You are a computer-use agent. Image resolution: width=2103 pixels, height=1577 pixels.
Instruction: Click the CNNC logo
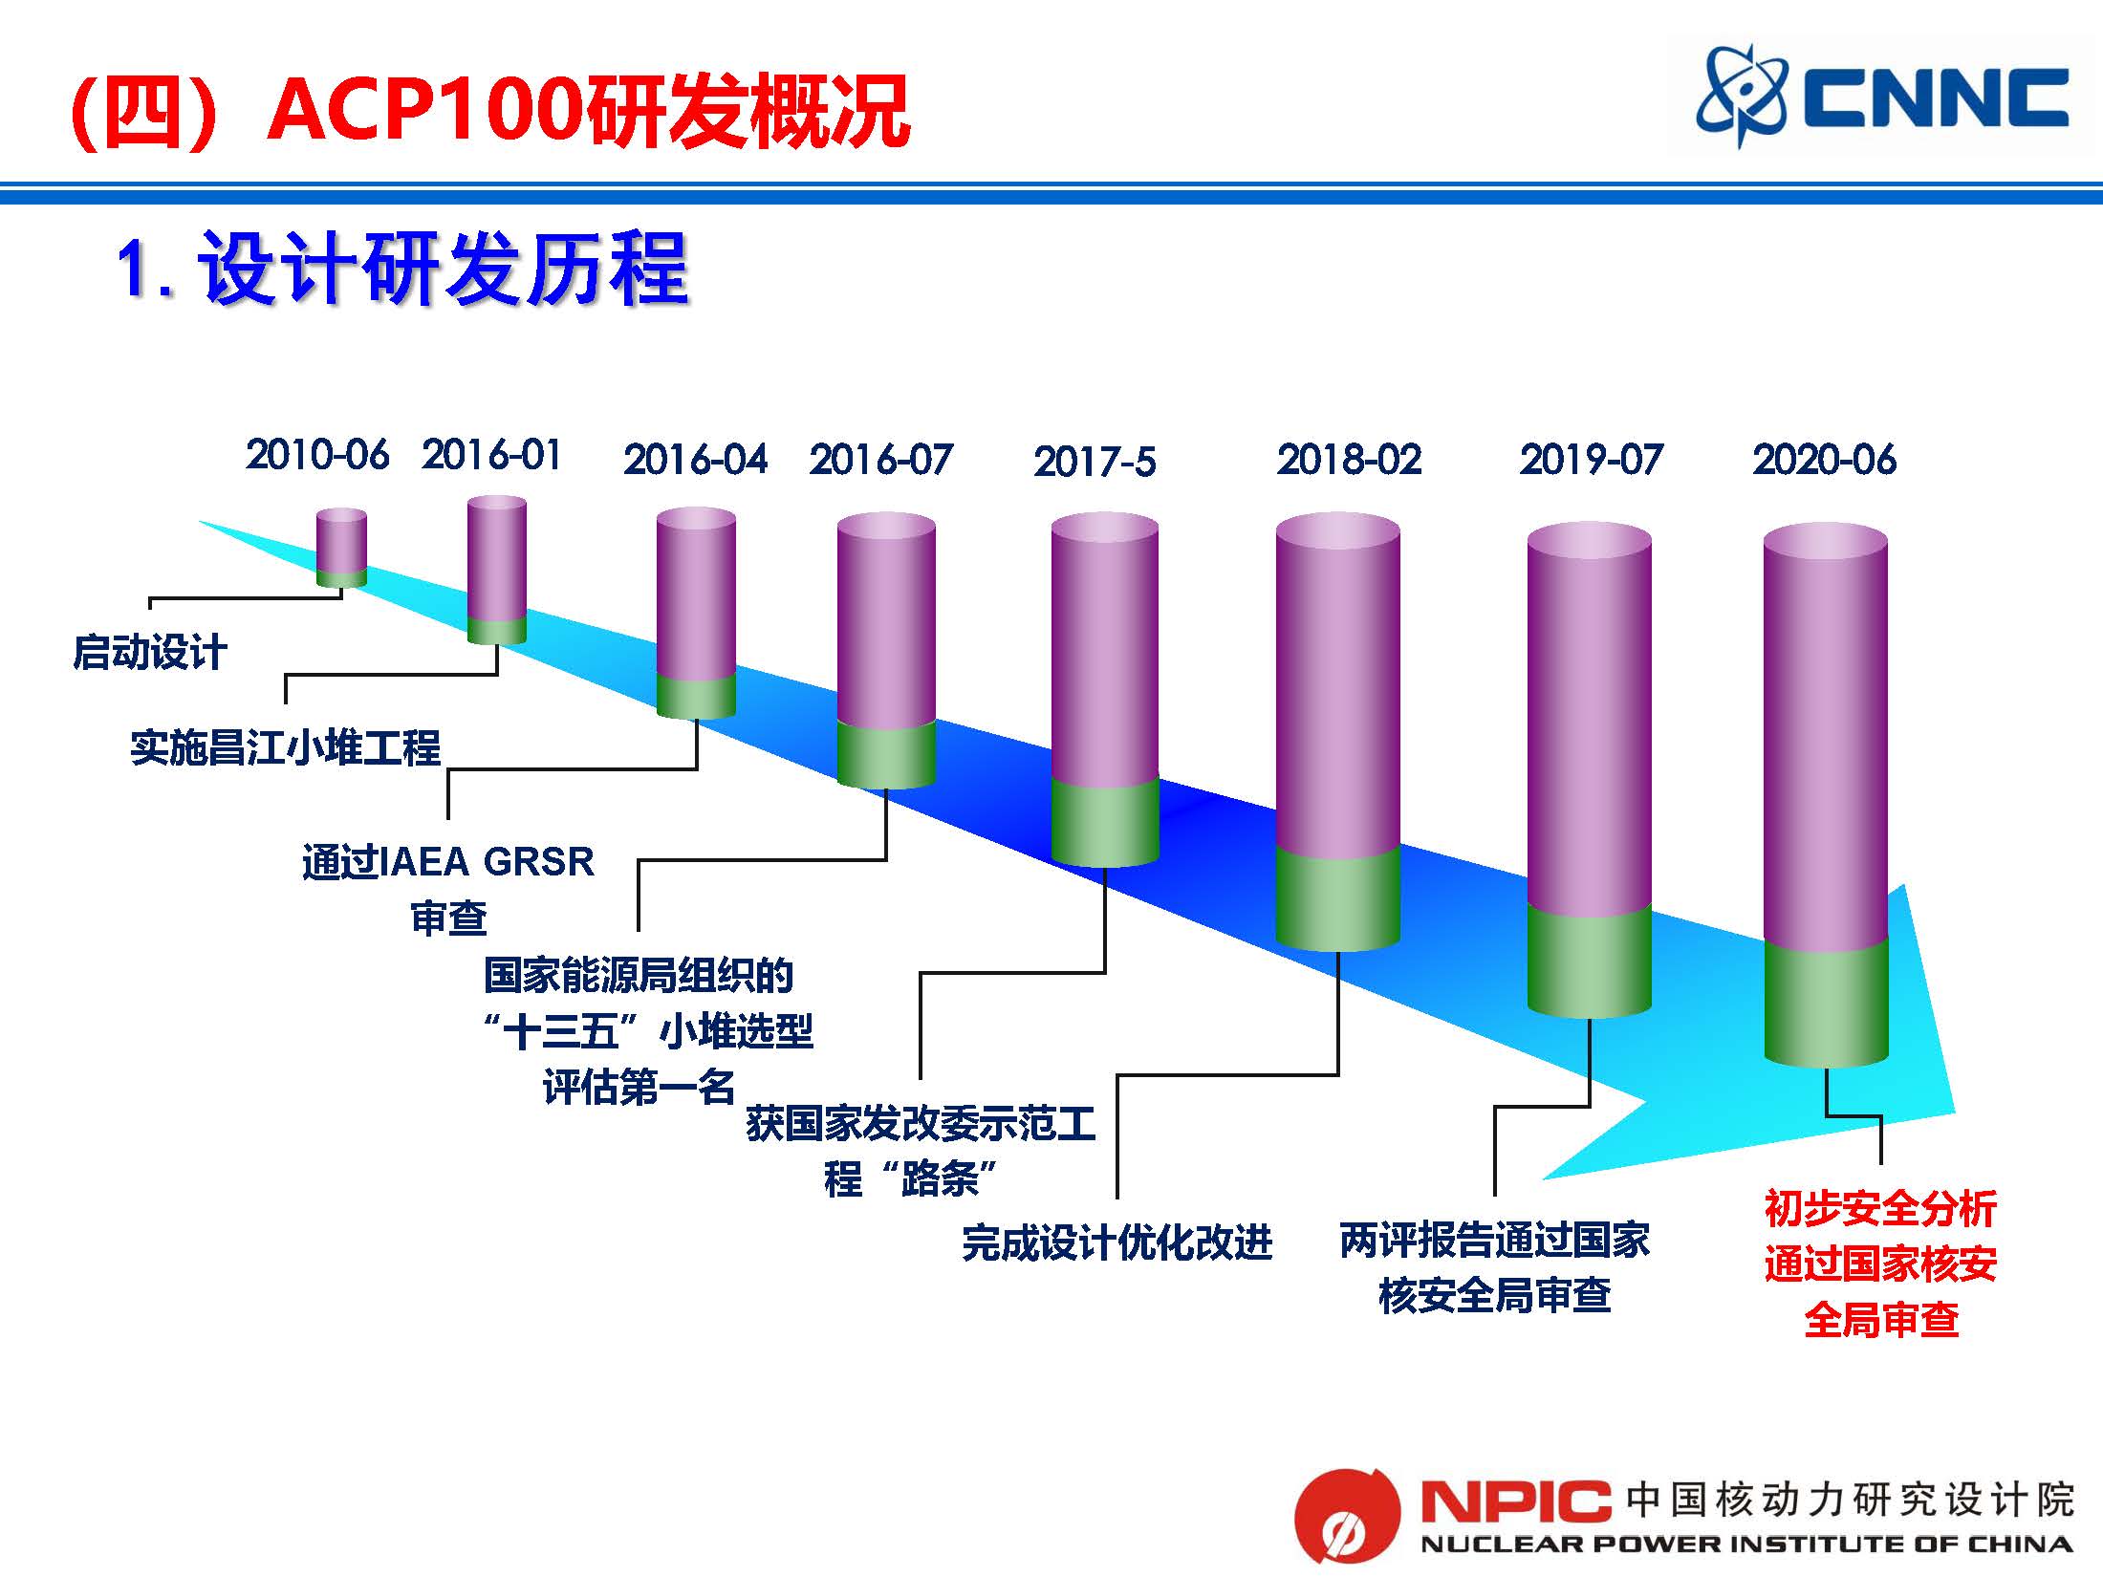pyautogui.click(x=1881, y=97)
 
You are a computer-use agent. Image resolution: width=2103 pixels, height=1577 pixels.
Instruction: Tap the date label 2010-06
pyautogui.click(x=317, y=455)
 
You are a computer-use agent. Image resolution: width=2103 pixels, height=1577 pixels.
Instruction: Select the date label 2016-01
pyautogui.click(x=491, y=455)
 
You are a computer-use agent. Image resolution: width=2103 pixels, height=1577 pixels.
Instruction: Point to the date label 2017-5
pyautogui.click(x=1095, y=462)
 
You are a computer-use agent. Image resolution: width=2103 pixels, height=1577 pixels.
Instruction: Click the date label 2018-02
pyautogui.click(x=1349, y=460)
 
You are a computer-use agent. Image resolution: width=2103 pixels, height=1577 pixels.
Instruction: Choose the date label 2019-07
pyautogui.click(x=1592, y=460)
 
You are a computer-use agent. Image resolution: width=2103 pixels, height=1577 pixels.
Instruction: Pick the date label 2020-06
pyautogui.click(x=1824, y=460)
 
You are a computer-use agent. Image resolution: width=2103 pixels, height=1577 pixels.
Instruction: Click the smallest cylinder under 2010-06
pyautogui.click(x=341, y=548)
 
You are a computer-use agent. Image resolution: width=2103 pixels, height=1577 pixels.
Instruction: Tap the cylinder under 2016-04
pyautogui.click(x=696, y=614)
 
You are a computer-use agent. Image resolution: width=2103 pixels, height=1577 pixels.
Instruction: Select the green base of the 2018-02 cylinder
pyautogui.click(x=1338, y=898)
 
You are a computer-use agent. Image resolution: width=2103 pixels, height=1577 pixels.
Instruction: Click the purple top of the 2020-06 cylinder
pyautogui.click(x=1826, y=736)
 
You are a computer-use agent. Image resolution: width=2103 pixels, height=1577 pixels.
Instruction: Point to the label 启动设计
pyautogui.click(x=150, y=653)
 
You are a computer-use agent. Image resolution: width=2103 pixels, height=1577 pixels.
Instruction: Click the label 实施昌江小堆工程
pyautogui.click(x=285, y=747)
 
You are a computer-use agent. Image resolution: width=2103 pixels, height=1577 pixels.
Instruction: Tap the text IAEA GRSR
pyautogui.click(x=487, y=862)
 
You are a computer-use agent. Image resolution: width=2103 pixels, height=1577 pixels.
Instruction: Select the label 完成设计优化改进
pyautogui.click(x=1117, y=1242)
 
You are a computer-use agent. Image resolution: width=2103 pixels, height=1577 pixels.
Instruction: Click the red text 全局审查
pyautogui.click(x=1881, y=1320)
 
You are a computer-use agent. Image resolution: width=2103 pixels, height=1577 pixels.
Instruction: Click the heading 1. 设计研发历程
pyautogui.click(x=402, y=270)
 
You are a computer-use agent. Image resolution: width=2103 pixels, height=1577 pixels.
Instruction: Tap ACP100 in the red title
pyautogui.click(x=425, y=110)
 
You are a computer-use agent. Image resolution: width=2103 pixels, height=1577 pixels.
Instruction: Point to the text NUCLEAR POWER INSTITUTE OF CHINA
pyautogui.click(x=1746, y=1545)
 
